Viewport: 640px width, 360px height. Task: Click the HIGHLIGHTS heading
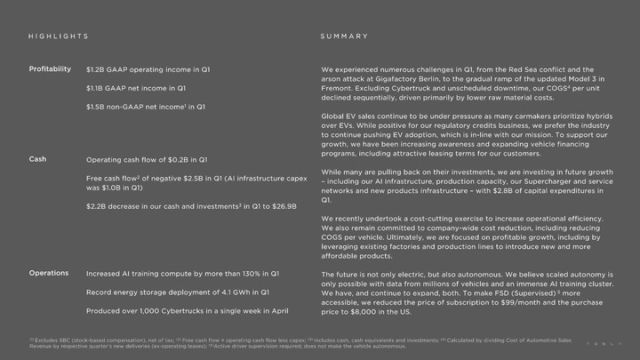coord(58,37)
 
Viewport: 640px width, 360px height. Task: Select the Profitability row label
coord(50,68)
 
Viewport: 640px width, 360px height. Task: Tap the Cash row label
coord(37,159)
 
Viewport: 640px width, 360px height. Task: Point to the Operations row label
coord(49,272)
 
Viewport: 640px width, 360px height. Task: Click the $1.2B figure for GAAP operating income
coord(95,69)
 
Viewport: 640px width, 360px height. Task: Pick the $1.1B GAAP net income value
coord(95,88)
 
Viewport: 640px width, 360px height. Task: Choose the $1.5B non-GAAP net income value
coord(95,107)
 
